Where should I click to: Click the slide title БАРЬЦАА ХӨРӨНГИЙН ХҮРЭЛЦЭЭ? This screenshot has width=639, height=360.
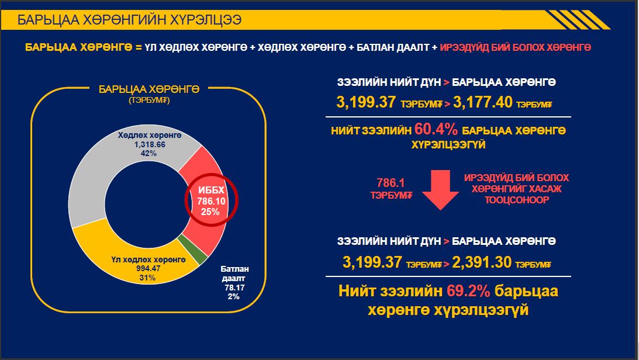tap(130, 19)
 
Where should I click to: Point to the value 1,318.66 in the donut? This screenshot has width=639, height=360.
tap(150, 144)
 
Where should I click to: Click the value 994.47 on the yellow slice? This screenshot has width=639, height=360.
tap(148, 268)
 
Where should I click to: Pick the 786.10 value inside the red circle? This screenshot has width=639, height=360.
tap(211, 201)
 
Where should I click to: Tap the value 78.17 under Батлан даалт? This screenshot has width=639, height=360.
tap(234, 288)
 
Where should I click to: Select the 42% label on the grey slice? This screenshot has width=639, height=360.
tap(148, 154)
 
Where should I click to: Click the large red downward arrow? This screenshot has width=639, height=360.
tap(441, 190)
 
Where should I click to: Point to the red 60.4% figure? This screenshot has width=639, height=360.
tap(436, 130)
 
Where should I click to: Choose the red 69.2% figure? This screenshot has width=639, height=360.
tap(468, 291)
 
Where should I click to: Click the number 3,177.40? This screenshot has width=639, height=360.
tap(482, 102)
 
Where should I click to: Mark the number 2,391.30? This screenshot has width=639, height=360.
tap(482, 262)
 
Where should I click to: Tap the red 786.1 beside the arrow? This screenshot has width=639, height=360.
tap(391, 183)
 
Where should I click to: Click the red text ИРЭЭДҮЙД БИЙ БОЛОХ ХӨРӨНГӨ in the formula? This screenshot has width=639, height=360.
tap(515, 48)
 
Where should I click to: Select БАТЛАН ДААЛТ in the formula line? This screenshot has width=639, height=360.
tap(393, 48)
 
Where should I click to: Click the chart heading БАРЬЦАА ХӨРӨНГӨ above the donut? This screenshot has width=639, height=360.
tap(149, 89)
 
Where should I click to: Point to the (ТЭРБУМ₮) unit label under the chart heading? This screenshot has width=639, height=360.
tap(149, 100)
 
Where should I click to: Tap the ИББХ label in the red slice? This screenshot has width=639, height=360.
tap(211, 190)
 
